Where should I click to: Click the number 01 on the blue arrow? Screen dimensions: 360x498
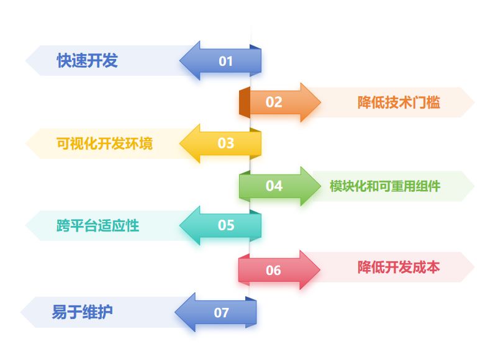(225, 61)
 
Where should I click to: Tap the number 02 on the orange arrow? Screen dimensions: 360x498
(274, 102)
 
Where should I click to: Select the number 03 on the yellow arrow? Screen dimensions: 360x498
(225, 143)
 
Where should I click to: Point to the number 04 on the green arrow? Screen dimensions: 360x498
(274, 186)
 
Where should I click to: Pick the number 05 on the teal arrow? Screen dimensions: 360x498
(225, 225)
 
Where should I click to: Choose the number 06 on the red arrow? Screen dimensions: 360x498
(273, 270)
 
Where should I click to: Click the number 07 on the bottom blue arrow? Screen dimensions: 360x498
(222, 313)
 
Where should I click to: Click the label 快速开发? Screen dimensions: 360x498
(88, 61)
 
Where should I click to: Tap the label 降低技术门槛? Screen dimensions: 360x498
(399, 102)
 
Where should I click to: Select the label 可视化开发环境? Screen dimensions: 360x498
(104, 143)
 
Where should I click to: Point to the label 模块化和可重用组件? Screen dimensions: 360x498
(385, 186)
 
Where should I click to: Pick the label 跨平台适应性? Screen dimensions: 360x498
(97, 225)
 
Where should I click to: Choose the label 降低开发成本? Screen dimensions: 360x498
(399, 268)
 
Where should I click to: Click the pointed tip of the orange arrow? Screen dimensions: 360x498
(320, 102)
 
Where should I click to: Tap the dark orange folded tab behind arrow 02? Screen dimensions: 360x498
(244, 102)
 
